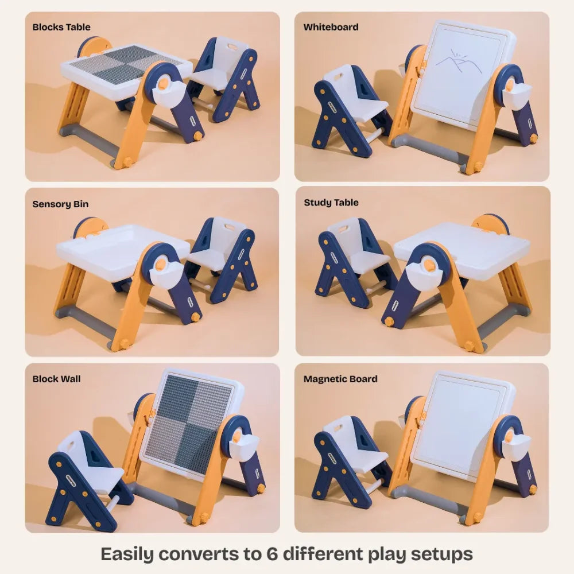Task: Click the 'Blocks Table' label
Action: click(61, 27)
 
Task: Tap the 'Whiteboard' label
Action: click(331, 27)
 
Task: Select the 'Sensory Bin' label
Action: click(60, 204)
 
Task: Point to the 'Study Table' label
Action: click(331, 203)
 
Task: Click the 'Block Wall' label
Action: click(56, 379)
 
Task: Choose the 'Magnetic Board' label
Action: click(340, 379)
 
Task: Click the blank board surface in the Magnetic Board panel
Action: click(459, 428)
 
